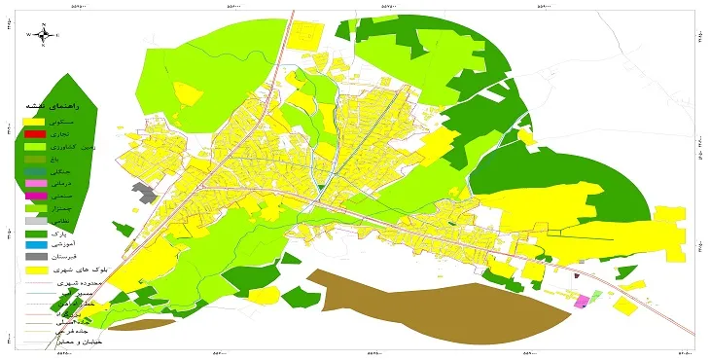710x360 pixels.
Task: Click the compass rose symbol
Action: pos(44,34)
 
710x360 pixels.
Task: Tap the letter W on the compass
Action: pos(30,34)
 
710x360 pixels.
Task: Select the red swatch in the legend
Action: pos(34,133)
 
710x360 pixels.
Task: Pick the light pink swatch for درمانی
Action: pos(34,184)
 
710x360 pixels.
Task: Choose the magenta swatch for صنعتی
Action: pos(34,197)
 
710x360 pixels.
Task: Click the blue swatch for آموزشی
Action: pos(34,247)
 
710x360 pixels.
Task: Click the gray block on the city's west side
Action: pos(147,193)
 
